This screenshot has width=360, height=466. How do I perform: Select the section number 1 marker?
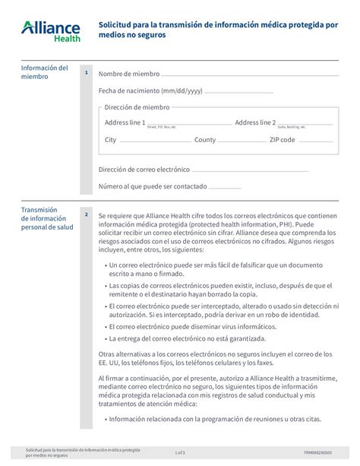coord(87,73)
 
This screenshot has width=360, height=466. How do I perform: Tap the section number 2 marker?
coord(87,214)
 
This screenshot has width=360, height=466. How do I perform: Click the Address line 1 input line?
coord(189,124)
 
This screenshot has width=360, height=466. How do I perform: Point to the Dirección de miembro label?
coord(137,107)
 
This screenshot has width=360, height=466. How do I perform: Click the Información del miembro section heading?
coord(44,72)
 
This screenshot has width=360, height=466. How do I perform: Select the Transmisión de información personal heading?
coord(46,218)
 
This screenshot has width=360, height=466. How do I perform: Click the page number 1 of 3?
coord(180,452)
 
